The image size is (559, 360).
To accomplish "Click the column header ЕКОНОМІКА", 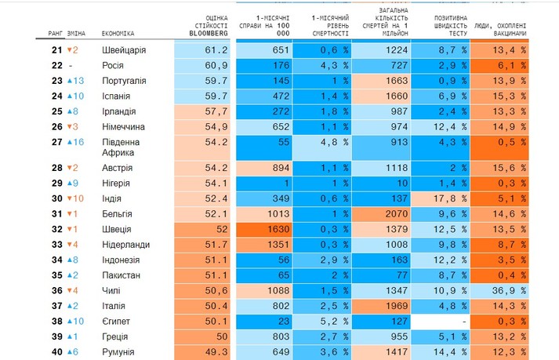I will pos(118,34).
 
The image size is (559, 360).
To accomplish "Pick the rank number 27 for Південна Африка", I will pos(56,142).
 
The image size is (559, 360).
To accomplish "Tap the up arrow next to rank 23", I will pos(70,81).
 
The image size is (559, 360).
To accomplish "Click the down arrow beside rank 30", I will pos(70,198).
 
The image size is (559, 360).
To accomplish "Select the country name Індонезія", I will pos(126,260).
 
